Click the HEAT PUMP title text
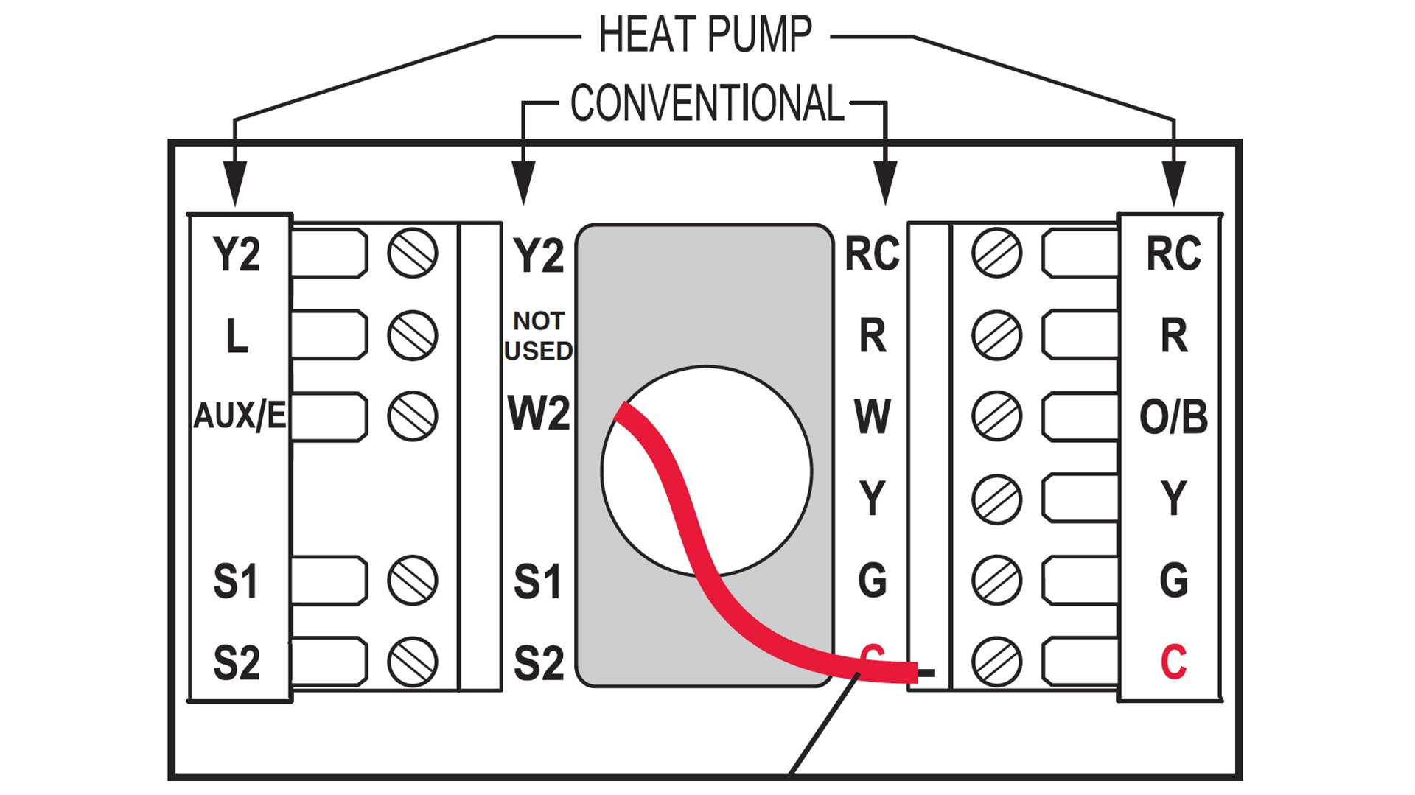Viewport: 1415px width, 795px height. [705, 35]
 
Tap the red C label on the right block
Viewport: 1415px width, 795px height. [1173, 662]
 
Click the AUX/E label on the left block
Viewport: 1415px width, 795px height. [240, 416]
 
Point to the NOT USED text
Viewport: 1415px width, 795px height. [539, 336]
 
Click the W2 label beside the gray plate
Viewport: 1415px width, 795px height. [539, 413]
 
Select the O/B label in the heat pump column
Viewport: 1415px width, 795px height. [1173, 417]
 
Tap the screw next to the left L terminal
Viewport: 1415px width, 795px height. [413, 335]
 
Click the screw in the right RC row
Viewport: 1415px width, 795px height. [996, 253]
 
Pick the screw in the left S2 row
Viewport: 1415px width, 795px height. [413, 662]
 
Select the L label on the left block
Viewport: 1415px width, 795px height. [237, 336]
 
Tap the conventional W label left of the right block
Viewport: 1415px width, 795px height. [873, 417]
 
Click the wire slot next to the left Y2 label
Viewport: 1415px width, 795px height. [329, 253]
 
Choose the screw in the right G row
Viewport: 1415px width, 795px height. [996, 581]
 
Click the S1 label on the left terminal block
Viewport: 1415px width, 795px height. [236, 581]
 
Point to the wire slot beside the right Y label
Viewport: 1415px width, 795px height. [1080, 499]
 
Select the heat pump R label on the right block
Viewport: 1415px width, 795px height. [1174, 336]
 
